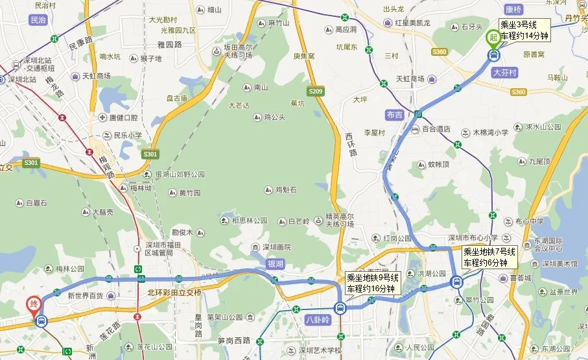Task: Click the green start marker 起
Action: (493, 37)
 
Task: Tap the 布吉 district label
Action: (394, 114)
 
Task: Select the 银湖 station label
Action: (276, 264)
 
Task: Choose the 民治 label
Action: (38, 21)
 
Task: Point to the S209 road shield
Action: (316, 92)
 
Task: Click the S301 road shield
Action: (150, 154)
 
